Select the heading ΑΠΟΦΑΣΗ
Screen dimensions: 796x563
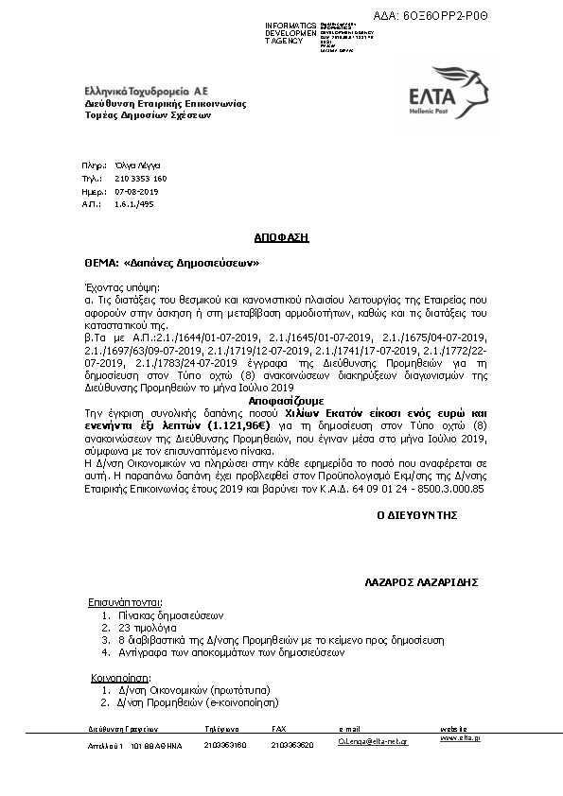pyautogui.click(x=282, y=238)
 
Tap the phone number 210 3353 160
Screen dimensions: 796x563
pyautogui.click(x=140, y=178)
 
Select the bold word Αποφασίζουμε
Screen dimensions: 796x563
pyautogui.click(x=282, y=401)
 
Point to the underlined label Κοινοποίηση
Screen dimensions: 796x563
pyautogui.click(x=120, y=678)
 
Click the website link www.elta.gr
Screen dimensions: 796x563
pyautogui.click(x=460, y=737)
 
